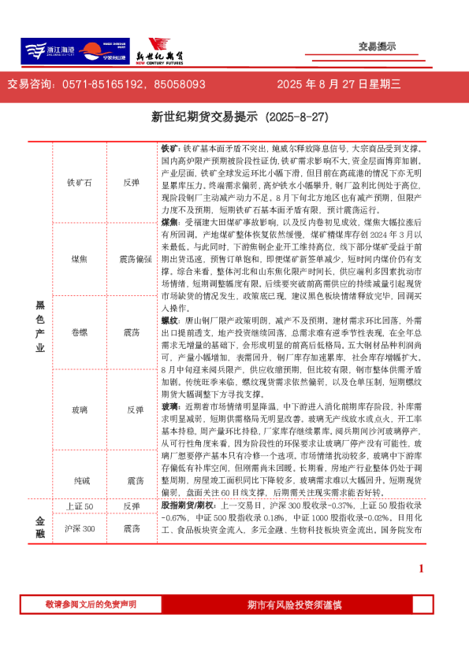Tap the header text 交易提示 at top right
click(x=377, y=46)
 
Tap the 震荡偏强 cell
click(x=135, y=258)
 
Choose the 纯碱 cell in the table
click(x=80, y=480)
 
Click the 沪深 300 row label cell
click(x=80, y=528)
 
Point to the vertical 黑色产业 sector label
click(x=40, y=325)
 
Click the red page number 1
click(x=421, y=568)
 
